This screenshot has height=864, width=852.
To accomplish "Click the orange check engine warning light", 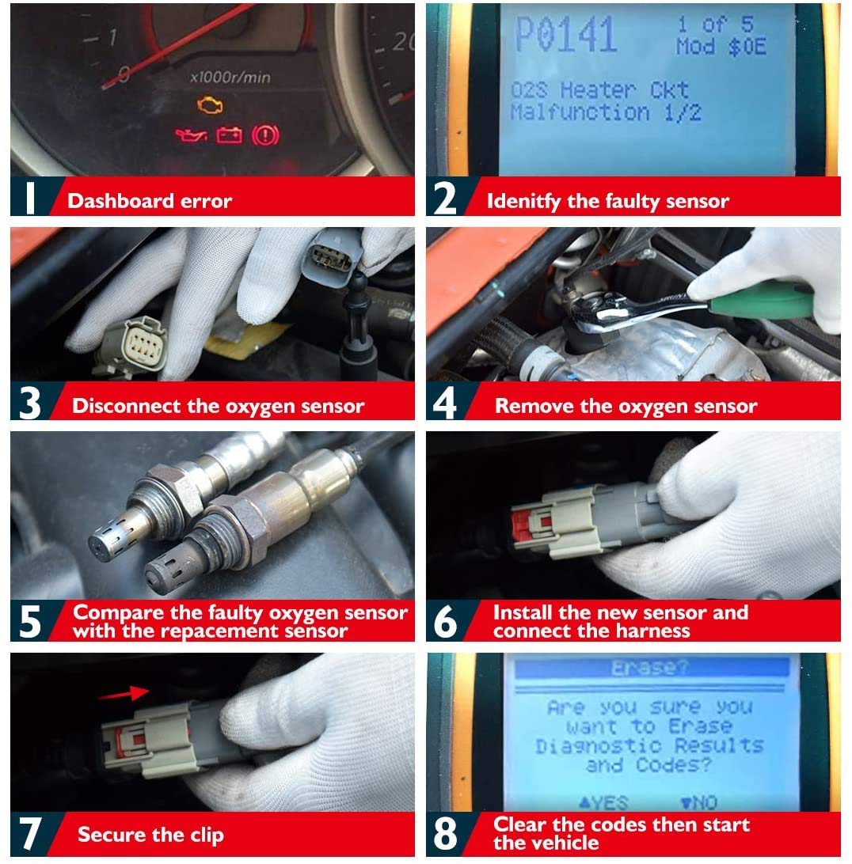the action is coord(210,104).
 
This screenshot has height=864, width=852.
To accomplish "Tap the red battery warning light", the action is coord(229,135).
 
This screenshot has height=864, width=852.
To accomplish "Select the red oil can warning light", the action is coord(191,135).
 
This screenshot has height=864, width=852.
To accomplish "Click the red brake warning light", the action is coord(265,135).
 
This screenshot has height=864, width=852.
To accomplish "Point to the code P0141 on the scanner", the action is coord(565,34).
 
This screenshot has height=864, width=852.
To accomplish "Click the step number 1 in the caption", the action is coord(29,198).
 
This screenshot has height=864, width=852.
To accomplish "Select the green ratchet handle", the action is coord(760,302).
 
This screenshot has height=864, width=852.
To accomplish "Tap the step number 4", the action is coord(444,403).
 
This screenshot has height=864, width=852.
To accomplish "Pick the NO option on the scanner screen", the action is coord(698,802).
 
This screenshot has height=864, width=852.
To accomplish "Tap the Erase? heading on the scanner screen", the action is coord(650,668).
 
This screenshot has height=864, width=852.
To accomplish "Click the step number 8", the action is coord(445,834).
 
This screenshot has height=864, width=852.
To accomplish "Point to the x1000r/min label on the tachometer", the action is coord(230,77).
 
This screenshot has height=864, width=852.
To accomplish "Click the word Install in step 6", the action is coord(523,612).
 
